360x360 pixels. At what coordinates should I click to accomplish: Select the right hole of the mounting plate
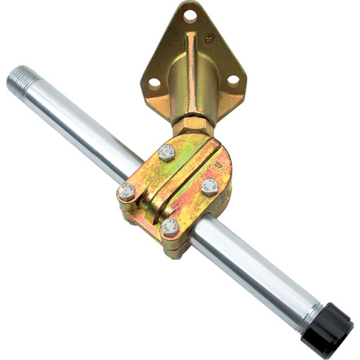[233, 80]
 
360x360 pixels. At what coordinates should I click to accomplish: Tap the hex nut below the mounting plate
[194, 125]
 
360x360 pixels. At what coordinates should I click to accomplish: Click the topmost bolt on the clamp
[166, 152]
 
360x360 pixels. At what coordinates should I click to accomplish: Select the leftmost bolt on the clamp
[127, 192]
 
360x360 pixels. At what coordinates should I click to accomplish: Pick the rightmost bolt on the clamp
[210, 186]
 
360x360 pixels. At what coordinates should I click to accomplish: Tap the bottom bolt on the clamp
[171, 228]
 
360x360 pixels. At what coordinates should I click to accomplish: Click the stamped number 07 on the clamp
[215, 163]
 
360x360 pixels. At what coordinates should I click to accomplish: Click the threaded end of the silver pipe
[20, 78]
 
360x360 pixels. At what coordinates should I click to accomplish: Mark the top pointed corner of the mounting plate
[189, 3]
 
